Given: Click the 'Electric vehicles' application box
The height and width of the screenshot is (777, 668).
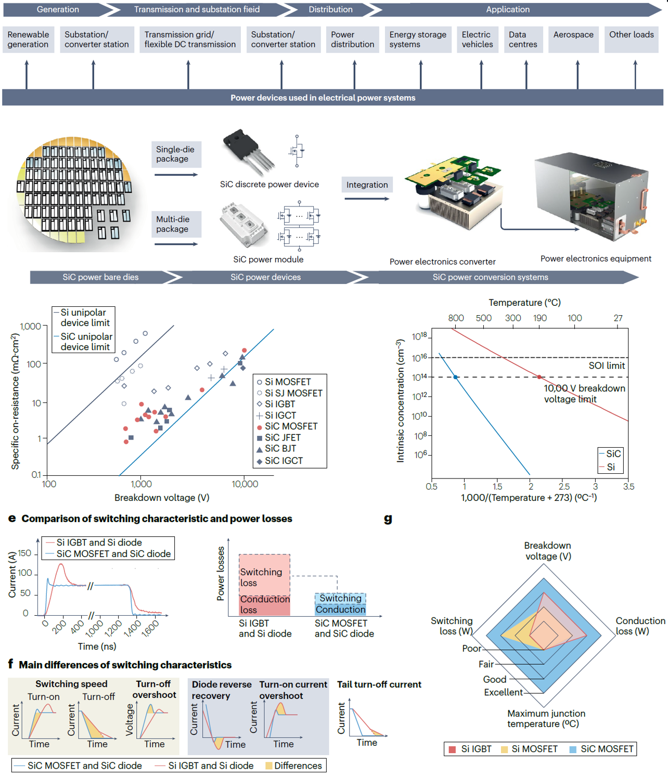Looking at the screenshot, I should click(477, 40).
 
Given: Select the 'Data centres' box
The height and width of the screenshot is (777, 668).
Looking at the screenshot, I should click(523, 40).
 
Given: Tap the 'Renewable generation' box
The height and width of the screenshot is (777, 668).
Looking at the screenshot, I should click(28, 40).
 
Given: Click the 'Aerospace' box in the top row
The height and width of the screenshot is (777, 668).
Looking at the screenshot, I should click(573, 35).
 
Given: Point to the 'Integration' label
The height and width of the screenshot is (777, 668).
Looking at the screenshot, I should click(367, 185).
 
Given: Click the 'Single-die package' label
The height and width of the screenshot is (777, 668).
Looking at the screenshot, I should click(175, 154).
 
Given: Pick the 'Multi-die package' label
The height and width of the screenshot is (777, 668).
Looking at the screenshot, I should click(173, 224).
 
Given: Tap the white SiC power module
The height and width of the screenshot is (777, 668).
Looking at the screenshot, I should click(244, 225).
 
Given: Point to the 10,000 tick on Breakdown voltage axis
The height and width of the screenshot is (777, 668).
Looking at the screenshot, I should click(245, 484).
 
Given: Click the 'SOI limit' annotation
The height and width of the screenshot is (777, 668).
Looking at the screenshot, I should click(606, 366).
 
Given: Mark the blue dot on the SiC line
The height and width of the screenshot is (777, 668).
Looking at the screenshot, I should click(456, 377).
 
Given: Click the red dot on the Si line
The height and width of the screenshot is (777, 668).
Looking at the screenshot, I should click(539, 377).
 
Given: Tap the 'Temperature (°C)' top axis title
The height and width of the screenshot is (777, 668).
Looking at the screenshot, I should click(524, 303).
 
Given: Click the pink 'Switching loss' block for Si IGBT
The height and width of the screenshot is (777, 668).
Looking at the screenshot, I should click(264, 575).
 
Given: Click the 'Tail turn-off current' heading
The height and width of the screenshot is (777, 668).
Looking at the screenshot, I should click(379, 684).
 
